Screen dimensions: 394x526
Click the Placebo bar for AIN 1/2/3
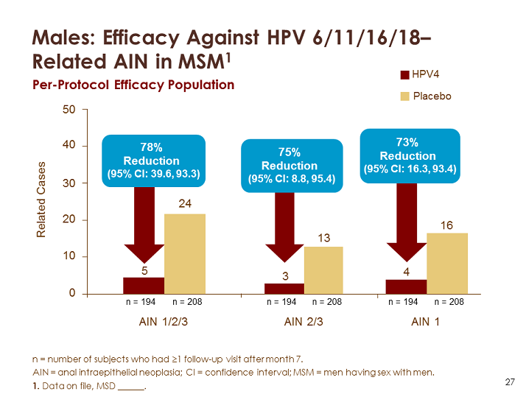pyautogui.click(x=185, y=254)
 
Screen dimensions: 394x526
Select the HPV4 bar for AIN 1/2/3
pyautogui.click(x=144, y=286)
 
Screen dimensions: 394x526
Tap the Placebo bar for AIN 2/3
pyautogui.click(x=325, y=270)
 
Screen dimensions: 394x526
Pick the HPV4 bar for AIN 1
pyautogui.click(x=406, y=286)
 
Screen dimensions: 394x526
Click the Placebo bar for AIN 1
pyautogui.click(x=447, y=264)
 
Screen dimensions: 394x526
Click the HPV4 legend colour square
pyautogui.click(x=404, y=74)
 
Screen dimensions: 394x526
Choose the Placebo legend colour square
pyautogui.click(x=404, y=96)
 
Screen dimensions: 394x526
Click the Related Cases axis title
pyautogui.click(x=42, y=200)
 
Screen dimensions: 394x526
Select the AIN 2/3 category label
pyautogui.click(x=304, y=322)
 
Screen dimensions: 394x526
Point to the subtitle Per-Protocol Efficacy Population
pyautogui.click(x=133, y=85)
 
